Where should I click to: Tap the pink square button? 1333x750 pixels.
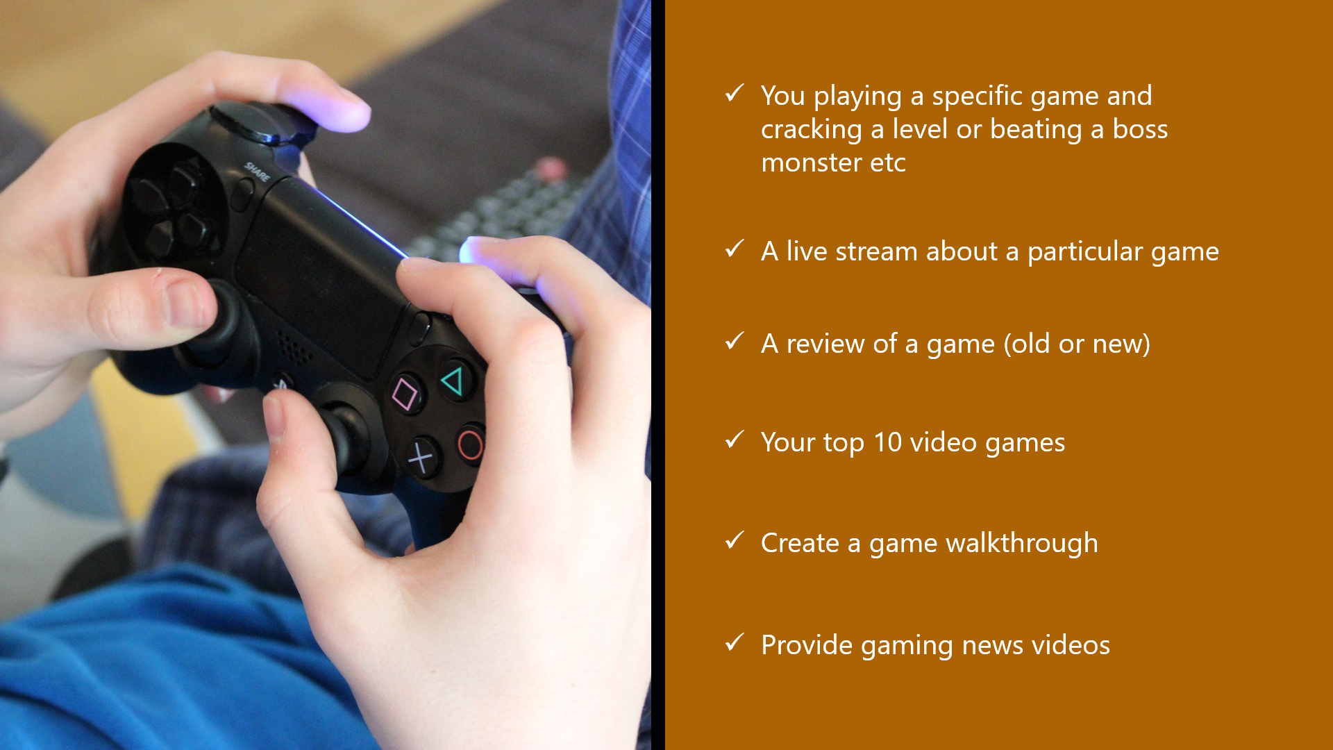pyautogui.click(x=405, y=394)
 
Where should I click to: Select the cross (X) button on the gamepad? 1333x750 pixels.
pyautogui.click(x=421, y=458)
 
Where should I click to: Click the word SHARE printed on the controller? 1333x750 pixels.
pyautogui.click(x=257, y=172)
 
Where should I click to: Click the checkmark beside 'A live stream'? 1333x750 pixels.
pyautogui.click(x=735, y=249)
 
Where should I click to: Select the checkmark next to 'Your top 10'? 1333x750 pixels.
pyautogui.click(x=735, y=440)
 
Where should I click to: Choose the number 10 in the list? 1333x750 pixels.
pyautogui.click(x=888, y=442)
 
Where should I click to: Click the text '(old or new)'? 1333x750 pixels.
pyautogui.click(x=1077, y=344)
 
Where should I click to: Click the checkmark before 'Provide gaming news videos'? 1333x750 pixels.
pyautogui.click(x=735, y=642)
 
